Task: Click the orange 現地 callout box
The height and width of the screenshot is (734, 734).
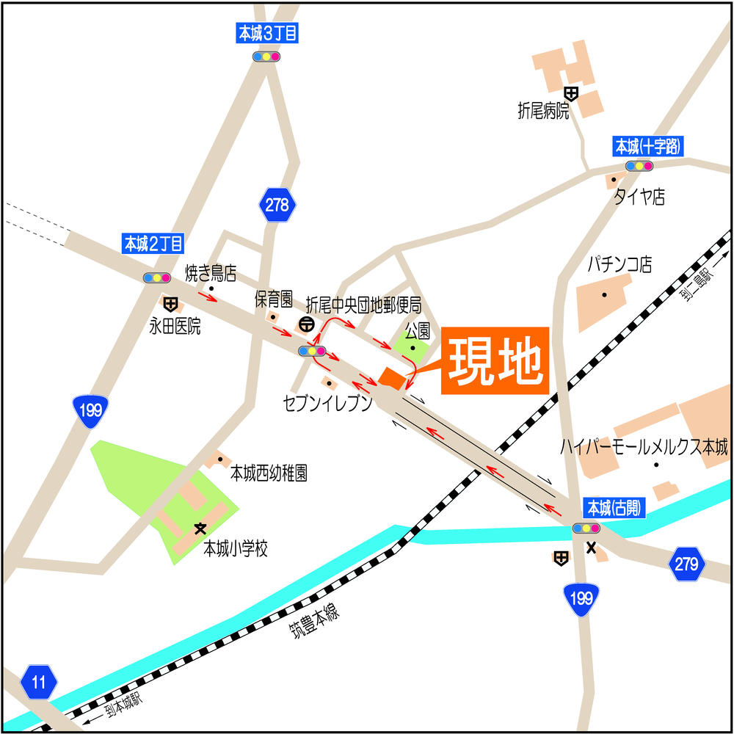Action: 495,360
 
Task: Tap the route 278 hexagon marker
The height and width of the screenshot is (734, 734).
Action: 277,205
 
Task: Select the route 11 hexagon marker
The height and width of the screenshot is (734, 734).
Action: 39,683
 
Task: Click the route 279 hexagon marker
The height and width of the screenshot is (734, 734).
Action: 686,564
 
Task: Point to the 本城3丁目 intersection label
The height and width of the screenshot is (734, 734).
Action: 266,33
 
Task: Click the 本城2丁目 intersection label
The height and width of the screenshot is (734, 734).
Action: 153,244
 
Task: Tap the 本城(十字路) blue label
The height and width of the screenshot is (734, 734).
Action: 647,147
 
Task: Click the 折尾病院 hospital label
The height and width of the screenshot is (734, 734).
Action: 543,112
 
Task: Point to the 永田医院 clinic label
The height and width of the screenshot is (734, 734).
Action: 175,326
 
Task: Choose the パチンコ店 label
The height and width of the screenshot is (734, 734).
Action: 619,264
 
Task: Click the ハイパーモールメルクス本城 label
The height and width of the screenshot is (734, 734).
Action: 644,447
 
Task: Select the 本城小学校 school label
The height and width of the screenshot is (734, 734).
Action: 236,549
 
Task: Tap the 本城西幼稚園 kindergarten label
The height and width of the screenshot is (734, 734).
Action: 269,473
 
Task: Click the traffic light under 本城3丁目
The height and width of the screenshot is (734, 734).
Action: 266,57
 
